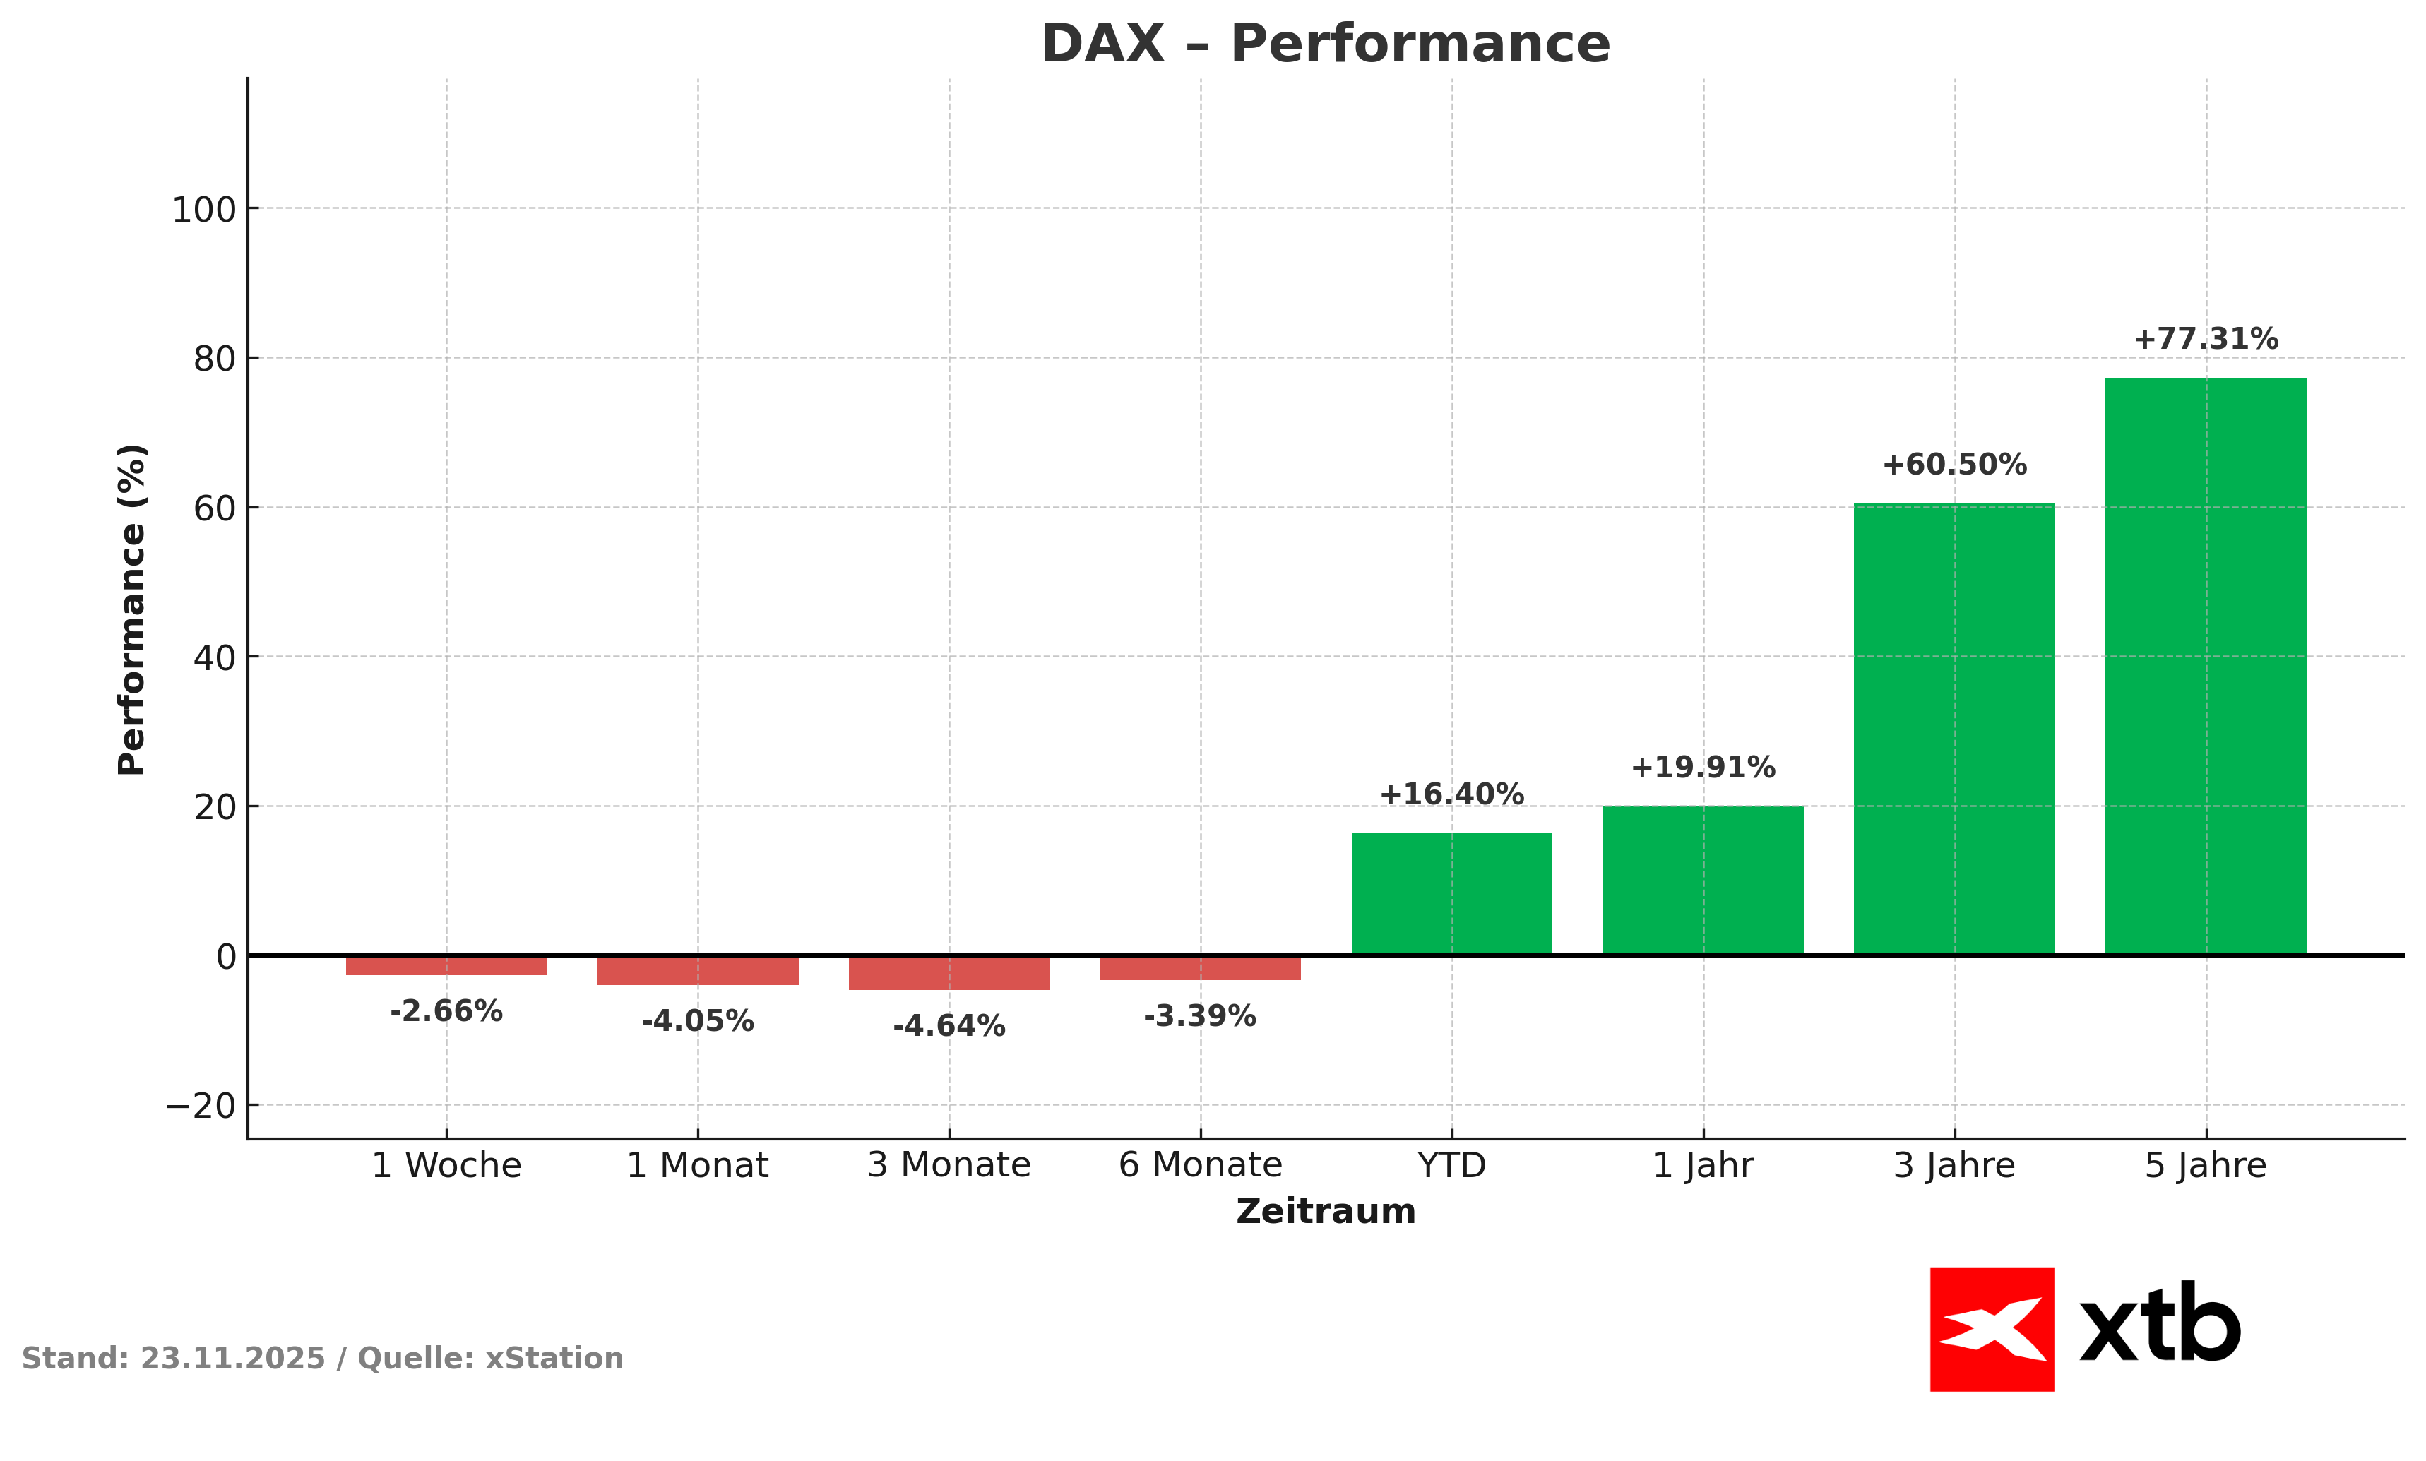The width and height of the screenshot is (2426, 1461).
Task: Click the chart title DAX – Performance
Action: [x=1325, y=45]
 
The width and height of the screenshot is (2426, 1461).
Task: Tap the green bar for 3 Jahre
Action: [x=1954, y=729]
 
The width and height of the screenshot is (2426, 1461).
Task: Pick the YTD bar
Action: [x=1451, y=893]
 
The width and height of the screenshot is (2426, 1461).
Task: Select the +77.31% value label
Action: [x=2206, y=340]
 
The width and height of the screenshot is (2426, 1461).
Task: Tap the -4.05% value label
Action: [x=697, y=1022]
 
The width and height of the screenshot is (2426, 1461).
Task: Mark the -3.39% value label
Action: [x=1199, y=1017]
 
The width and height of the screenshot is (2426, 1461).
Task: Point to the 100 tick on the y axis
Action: [x=204, y=210]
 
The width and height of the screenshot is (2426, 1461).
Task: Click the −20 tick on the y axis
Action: [x=201, y=1107]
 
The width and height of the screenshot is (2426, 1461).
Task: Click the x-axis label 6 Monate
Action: [x=1200, y=1166]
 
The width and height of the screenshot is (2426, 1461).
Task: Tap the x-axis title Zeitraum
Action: [x=1325, y=1212]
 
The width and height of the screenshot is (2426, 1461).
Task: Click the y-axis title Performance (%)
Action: [x=132, y=610]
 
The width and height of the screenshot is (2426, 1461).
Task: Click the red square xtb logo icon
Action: [x=1992, y=1329]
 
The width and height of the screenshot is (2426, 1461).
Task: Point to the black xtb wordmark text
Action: [x=2160, y=1324]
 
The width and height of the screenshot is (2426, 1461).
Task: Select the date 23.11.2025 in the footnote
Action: [x=232, y=1359]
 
